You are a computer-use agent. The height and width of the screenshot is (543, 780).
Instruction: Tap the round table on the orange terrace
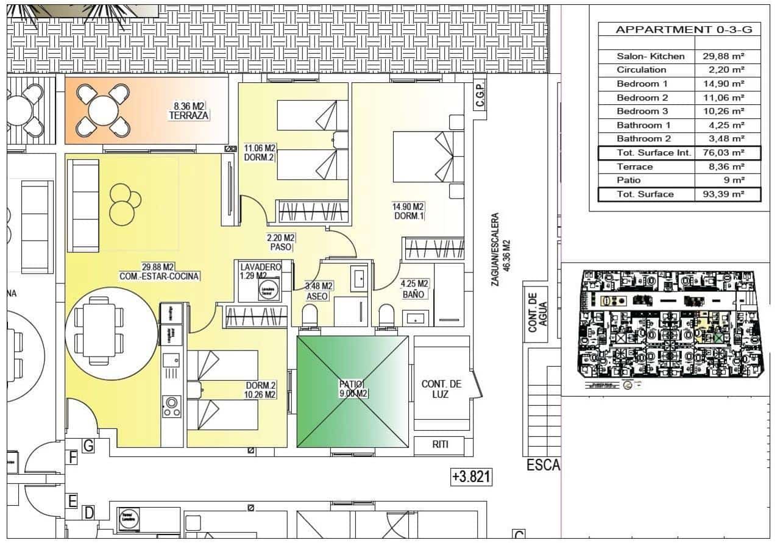[103, 110]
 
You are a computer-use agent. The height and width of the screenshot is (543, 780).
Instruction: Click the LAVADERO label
[260, 268]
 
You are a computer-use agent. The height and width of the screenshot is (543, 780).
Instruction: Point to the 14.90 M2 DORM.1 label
[408, 211]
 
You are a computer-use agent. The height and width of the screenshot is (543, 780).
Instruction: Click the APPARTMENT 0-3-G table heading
[679, 29]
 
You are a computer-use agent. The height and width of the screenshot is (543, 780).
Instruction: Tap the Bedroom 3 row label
[642, 112]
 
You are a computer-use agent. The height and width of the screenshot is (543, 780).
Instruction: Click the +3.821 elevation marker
[471, 476]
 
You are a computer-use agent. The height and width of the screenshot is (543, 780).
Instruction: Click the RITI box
[440, 445]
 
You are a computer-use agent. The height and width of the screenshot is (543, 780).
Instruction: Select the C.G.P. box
[480, 94]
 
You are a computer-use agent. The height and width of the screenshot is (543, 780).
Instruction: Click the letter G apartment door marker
[88, 446]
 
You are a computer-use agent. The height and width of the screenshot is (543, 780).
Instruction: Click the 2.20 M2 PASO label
[282, 243]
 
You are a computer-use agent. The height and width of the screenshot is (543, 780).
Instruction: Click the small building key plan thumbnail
[668, 330]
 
